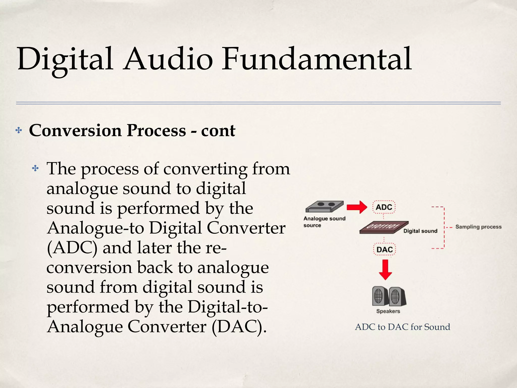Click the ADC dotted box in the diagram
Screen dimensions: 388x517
[384, 207]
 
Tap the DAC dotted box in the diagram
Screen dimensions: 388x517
[384, 250]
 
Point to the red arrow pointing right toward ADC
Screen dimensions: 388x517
[357, 207]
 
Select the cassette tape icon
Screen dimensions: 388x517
[324, 206]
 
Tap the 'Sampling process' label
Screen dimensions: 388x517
[478, 227]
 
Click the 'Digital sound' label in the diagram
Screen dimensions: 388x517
[420, 231]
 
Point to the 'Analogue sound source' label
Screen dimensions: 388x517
[324, 222]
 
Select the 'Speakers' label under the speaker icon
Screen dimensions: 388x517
[388, 311]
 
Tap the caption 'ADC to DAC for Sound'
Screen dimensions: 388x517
[402, 327]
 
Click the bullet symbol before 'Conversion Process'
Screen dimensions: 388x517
[19, 131]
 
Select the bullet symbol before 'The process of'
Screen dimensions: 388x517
[35, 168]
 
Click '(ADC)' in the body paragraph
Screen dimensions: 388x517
[72, 248]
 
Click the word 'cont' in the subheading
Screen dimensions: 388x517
[218, 131]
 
